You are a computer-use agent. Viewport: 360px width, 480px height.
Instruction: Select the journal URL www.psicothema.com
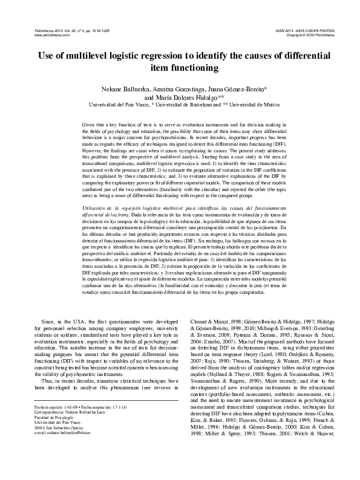point(45,35)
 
